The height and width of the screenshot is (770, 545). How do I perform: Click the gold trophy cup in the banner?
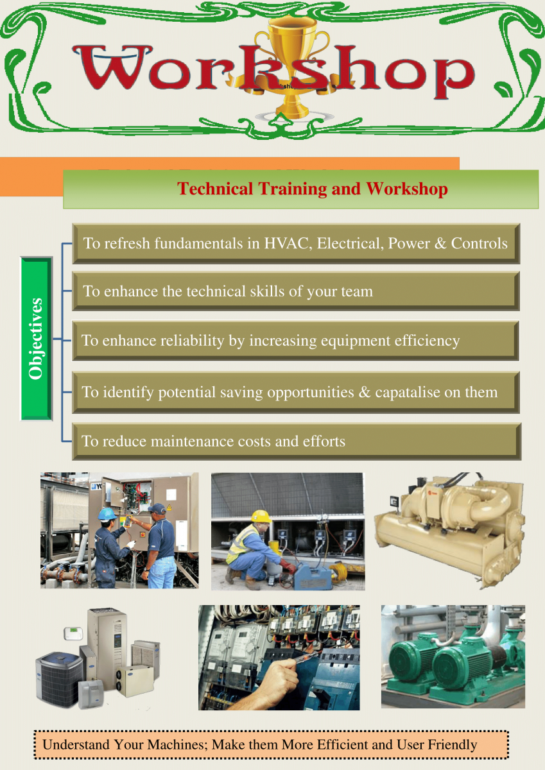291,65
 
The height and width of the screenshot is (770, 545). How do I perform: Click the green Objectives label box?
37,339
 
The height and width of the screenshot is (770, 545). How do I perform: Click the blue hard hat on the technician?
107,514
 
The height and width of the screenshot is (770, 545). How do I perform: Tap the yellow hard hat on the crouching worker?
261,517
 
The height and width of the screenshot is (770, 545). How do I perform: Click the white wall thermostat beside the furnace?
73,631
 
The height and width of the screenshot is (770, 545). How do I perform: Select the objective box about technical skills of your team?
296,291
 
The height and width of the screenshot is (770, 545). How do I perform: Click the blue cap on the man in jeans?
157,508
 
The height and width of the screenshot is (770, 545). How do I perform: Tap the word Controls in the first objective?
479,243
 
